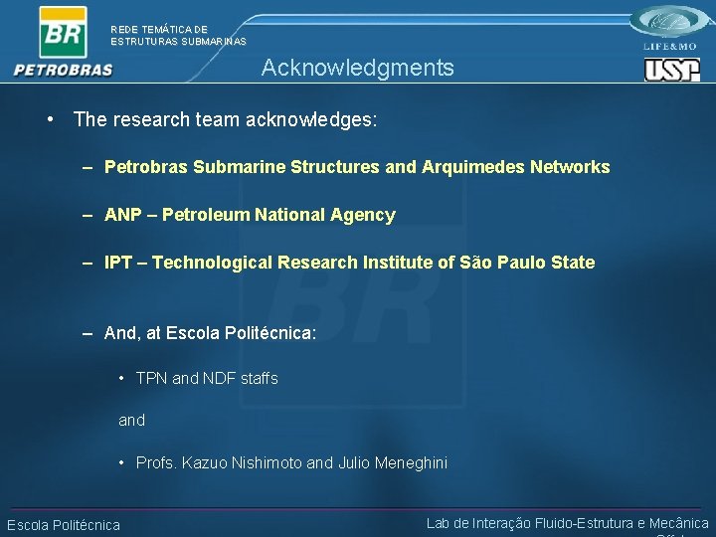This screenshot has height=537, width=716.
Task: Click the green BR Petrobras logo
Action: point(62,33)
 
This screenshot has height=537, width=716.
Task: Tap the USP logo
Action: point(672,69)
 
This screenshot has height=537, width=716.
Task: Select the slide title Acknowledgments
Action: point(357,68)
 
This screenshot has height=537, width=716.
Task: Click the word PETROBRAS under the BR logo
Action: point(64,70)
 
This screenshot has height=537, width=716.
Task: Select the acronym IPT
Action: point(118,263)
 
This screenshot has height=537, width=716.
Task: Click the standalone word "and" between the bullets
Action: point(131,420)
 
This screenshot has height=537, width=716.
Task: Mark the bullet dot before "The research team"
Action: point(50,119)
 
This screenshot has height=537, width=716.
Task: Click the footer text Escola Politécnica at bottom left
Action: point(64,525)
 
